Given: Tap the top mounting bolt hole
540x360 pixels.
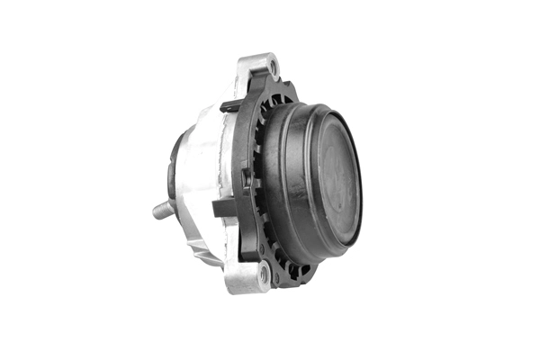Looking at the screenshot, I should pyautogui.click(x=273, y=67).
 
